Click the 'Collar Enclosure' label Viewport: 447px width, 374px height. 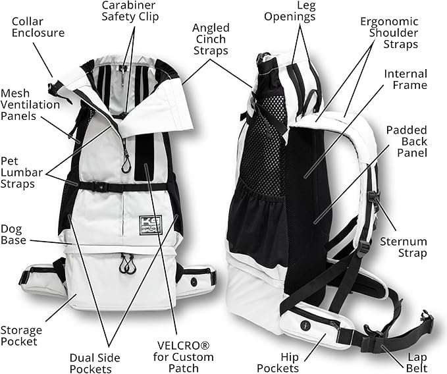pos(38,26)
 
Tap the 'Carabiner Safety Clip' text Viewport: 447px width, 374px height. pos(130,10)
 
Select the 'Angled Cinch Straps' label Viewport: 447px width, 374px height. pos(211,39)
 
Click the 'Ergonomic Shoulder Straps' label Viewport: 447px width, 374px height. pos(388,33)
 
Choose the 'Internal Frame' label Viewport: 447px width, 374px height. pos(406,80)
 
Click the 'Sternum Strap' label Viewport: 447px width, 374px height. pos(404,247)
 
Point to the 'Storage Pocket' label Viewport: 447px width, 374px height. pos(21,336)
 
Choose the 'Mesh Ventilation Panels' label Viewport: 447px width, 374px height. pos(30,105)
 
